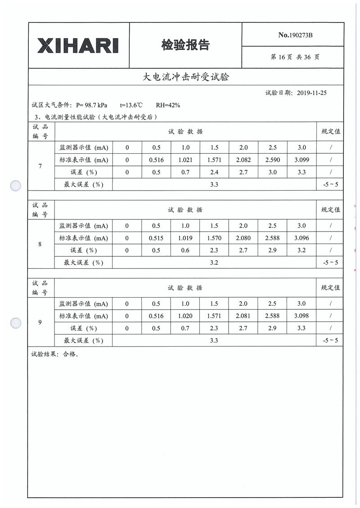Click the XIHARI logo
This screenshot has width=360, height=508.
click(x=78, y=45)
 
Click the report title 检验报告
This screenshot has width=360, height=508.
click(x=185, y=45)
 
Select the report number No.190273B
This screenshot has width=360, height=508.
click(x=295, y=35)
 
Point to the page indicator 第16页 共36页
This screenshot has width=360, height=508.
click(x=295, y=57)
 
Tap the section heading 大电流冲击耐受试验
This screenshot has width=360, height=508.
click(x=185, y=77)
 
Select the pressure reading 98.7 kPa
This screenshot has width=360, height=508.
click(x=96, y=105)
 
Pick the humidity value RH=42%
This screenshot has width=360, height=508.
click(x=168, y=105)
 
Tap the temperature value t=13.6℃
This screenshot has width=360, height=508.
click(x=131, y=105)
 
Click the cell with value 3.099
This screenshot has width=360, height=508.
click(x=301, y=160)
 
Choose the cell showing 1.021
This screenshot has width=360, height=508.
click(x=185, y=160)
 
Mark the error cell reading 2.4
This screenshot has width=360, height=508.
click(x=214, y=172)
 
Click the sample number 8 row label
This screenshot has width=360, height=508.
click(x=40, y=244)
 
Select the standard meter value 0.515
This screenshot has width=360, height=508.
click(x=156, y=238)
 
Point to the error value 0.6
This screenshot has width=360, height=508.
click(x=185, y=250)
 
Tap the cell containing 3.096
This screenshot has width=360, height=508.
click(x=301, y=238)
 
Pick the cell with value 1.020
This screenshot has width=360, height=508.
click(x=185, y=316)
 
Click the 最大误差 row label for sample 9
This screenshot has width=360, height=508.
click(x=83, y=341)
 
